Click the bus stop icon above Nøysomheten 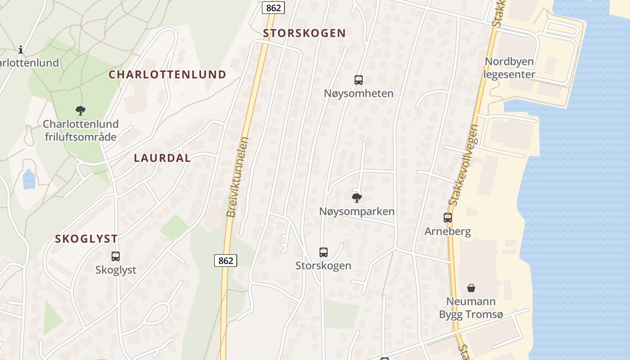click(x=358, y=80)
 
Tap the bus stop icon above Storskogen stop click(x=323, y=252)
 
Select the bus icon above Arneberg click(x=447, y=218)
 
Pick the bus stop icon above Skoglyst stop click(x=116, y=256)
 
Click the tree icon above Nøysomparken click(x=356, y=198)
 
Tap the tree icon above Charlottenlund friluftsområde click(x=81, y=110)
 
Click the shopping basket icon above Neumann click(x=471, y=288)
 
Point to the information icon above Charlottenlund click(x=21, y=49)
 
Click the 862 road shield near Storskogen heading click(x=273, y=8)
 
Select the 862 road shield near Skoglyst click(x=225, y=261)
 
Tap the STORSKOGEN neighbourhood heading click(x=304, y=33)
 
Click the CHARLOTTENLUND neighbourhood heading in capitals click(x=167, y=75)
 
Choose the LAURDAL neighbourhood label click(x=162, y=158)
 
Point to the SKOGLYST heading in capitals click(x=86, y=239)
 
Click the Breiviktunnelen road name click(x=238, y=177)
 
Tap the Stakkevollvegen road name click(x=463, y=165)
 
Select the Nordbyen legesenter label click(x=509, y=68)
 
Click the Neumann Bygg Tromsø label click(x=471, y=308)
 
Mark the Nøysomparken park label click(x=356, y=211)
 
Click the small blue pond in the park click(x=29, y=179)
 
